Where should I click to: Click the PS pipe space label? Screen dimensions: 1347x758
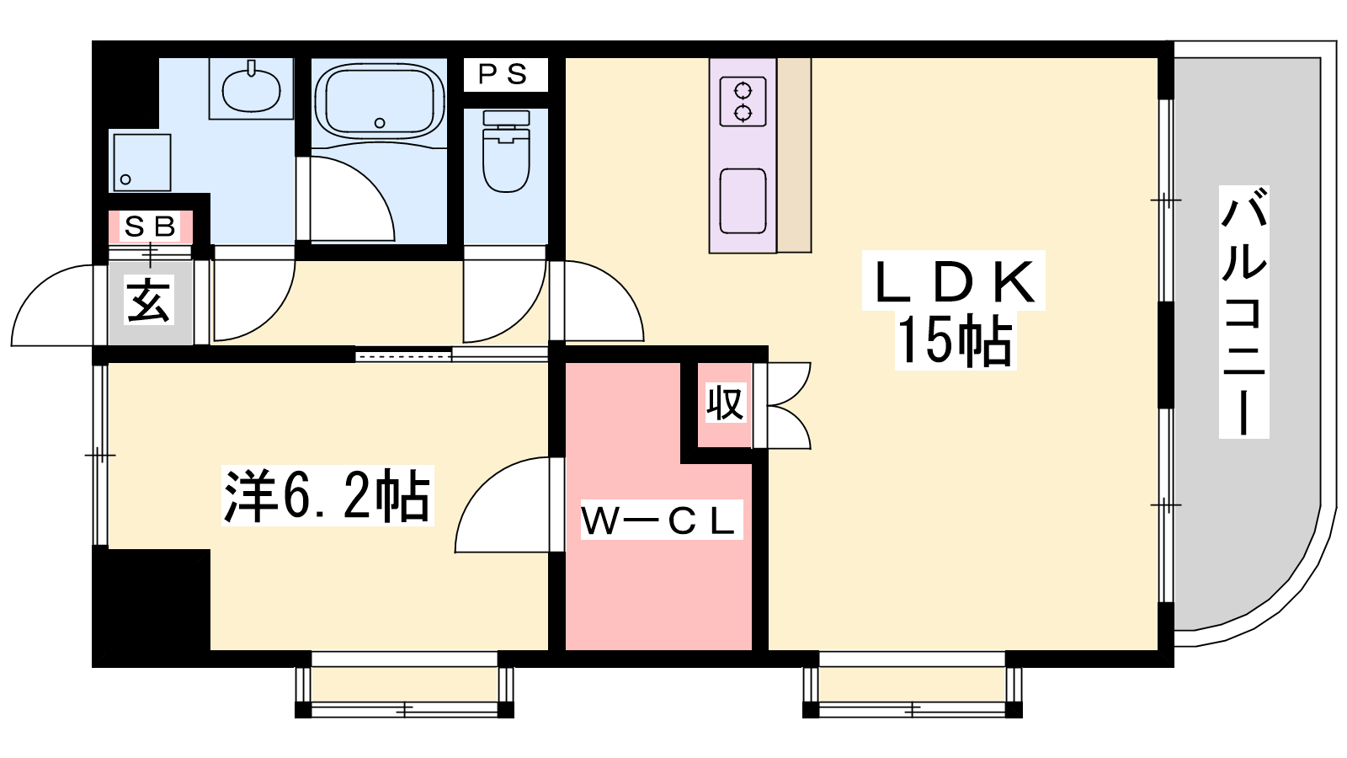click(503, 75)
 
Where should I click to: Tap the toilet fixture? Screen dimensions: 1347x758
click(506, 152)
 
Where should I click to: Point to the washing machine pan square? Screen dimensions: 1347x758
click(142, 162)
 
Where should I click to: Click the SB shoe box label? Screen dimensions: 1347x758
click(151, 227)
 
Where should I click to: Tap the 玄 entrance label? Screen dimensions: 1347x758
click(149, 300)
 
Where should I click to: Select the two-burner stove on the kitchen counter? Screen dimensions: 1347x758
click(743, 101)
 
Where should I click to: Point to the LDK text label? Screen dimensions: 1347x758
click(954, 281)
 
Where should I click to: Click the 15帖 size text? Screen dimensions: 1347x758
click(955, 340)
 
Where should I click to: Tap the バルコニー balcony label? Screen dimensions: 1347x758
click(1243, 312)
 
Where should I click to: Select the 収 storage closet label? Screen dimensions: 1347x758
click(725, 403)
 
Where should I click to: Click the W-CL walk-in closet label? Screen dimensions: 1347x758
click(659, 520)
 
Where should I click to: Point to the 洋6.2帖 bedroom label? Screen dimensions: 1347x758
click(327, 496)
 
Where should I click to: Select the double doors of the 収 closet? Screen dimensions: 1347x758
click(782, 405)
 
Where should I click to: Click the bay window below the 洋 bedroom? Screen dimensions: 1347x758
click(404, 686)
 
